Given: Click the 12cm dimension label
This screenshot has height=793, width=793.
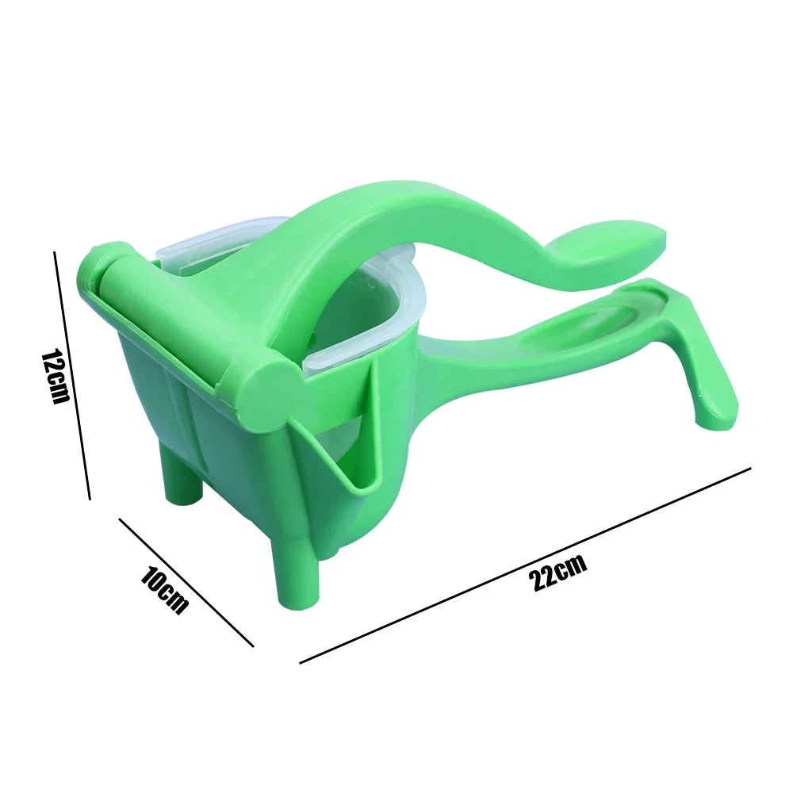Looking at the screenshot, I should point(55,376).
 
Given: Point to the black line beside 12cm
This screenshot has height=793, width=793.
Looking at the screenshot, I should point(71,376).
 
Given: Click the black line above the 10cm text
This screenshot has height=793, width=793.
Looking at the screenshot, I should point(186,583).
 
